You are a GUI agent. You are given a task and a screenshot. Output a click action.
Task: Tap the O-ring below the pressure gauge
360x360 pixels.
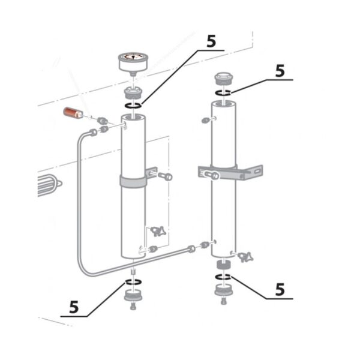(134, 106)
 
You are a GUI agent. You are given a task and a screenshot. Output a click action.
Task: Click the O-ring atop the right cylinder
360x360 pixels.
(223, 92)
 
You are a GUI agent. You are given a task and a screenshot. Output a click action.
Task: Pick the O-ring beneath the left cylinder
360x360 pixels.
(134, 282)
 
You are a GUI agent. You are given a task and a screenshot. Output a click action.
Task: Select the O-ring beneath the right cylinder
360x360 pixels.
(223, 276)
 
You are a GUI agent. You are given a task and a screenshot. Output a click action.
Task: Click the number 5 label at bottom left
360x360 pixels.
(74, 307)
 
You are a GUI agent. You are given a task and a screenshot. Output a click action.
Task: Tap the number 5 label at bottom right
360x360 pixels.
(279, 289)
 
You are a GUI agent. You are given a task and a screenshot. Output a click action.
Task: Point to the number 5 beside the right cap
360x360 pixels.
(279, 70)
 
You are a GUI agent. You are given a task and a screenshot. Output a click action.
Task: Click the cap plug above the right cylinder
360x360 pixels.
(223, 79)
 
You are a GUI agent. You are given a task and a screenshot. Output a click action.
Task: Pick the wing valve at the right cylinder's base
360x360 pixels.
(243, 258)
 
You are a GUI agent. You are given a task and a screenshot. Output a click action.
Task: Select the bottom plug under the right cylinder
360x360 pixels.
(223, 292)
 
